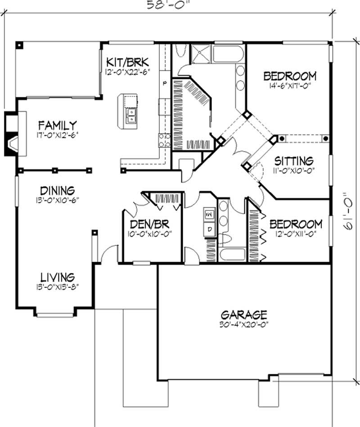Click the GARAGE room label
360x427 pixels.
244,314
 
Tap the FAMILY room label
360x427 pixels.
57,125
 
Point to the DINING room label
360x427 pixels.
57,191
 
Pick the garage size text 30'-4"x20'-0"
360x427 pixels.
244,323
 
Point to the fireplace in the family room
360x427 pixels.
13,134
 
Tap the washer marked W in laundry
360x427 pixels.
209,215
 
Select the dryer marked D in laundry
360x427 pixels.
209,229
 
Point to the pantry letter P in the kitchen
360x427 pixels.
165,83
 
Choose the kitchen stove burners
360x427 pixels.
164,140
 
